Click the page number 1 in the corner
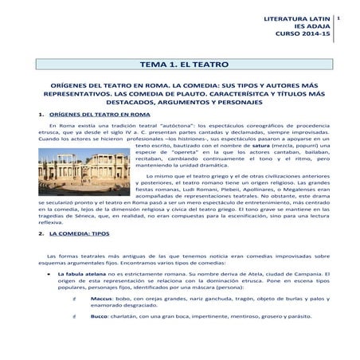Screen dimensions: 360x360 tap(340, 16)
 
